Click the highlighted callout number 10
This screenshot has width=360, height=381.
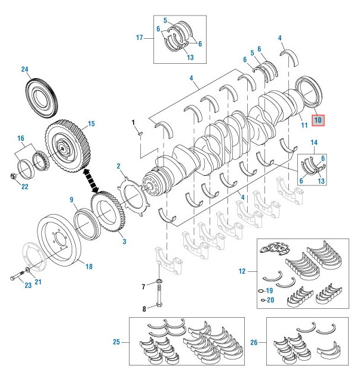[318, 120]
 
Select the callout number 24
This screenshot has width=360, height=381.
[25, 69]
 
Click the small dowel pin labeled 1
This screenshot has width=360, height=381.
[138, 134]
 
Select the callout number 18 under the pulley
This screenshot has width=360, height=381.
[88, 267]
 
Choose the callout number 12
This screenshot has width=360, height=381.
[242, 271]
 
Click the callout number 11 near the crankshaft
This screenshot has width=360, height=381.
[304, 125]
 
